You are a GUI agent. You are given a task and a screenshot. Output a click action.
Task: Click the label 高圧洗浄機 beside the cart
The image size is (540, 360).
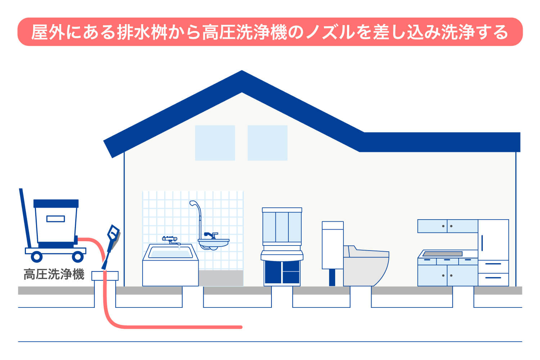tap(54, 274)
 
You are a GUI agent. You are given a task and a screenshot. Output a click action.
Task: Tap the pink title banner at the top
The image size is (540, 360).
tap(270, 32)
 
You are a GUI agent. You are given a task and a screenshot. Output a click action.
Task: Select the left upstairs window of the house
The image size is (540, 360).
tap(215, 143)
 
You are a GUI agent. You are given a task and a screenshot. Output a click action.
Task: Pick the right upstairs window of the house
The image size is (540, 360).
tap(267, 143)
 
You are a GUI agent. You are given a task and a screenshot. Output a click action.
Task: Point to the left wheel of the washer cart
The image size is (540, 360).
tap(37, 257)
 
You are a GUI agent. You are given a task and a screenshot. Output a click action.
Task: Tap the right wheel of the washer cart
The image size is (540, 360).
tap(78, 257)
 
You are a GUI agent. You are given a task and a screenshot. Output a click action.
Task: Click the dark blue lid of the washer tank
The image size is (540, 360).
tap(56, 204)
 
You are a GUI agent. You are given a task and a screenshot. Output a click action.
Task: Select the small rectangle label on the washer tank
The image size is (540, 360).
tap(55, 219)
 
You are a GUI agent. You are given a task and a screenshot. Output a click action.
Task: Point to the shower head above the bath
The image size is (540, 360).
tap(193, 203)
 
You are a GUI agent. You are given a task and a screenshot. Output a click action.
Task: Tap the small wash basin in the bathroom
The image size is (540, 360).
tap(213, 243)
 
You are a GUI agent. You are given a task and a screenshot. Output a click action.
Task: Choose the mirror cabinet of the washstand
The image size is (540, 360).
tap(282, 227)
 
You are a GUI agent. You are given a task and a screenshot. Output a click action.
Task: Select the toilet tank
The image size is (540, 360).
tap(332, 245)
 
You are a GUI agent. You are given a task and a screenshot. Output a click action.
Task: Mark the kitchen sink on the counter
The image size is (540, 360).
tap(443, 254)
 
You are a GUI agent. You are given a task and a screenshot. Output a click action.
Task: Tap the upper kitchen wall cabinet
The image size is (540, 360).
tap(447, 226)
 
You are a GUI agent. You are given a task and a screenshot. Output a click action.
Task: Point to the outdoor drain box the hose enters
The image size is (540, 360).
tap(105, 276)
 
